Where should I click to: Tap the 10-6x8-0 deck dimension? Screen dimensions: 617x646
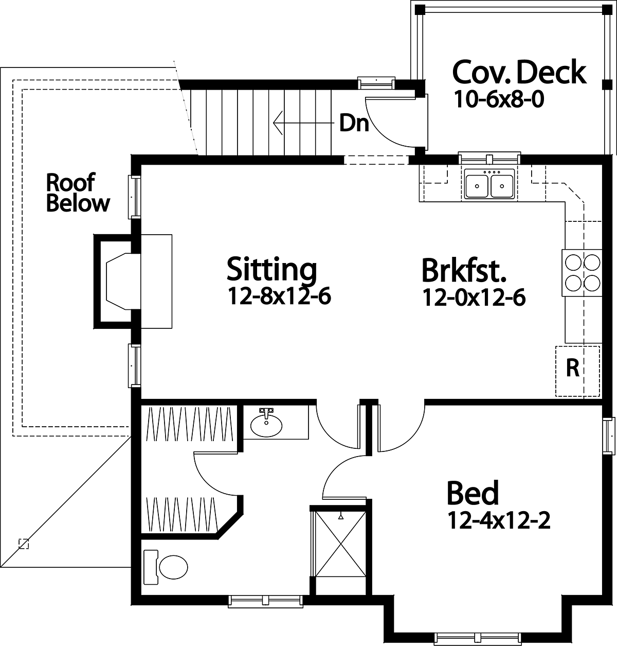click(499, 99)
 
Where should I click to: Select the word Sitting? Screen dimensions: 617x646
click(271, 270)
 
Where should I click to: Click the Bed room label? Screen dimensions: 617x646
click(473, 493)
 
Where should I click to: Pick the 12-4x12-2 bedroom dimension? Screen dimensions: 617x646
click(499, 520)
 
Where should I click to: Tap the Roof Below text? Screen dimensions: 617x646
click(78, 192)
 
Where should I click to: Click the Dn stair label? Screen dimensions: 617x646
click(354, 123)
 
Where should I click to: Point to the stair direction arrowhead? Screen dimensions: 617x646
click(278, 123)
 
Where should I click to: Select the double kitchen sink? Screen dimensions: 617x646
click(489, 184)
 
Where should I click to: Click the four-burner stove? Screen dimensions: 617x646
click(582, 273)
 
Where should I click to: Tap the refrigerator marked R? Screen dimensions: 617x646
click(577, 371)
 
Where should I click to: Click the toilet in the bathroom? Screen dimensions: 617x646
click(166, 567)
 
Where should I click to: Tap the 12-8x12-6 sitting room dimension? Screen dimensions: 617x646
click(279, 296)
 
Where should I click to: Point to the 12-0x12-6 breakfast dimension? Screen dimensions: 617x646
click(474, 298)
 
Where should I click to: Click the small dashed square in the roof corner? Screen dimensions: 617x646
click(24, 544)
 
